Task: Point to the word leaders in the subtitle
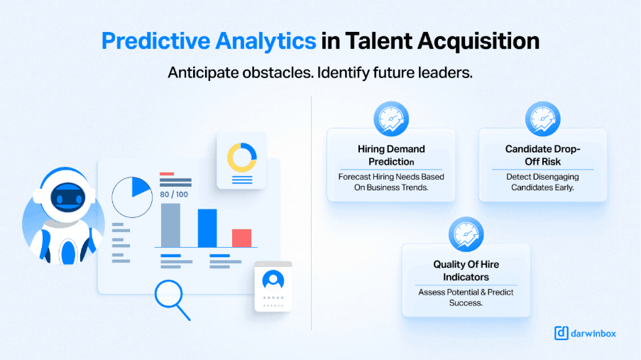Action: click(446, 73)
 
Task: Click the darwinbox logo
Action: click(585, 333)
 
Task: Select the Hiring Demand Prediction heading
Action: click(391, 155)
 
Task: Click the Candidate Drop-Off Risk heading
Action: click(543, 155)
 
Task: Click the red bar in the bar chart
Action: click(241, 238)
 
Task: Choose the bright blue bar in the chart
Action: click(207, 228)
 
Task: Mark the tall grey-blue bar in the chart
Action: click(170, 225)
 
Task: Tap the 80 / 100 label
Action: click(174, 195)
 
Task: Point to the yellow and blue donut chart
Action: click(241, 157)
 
